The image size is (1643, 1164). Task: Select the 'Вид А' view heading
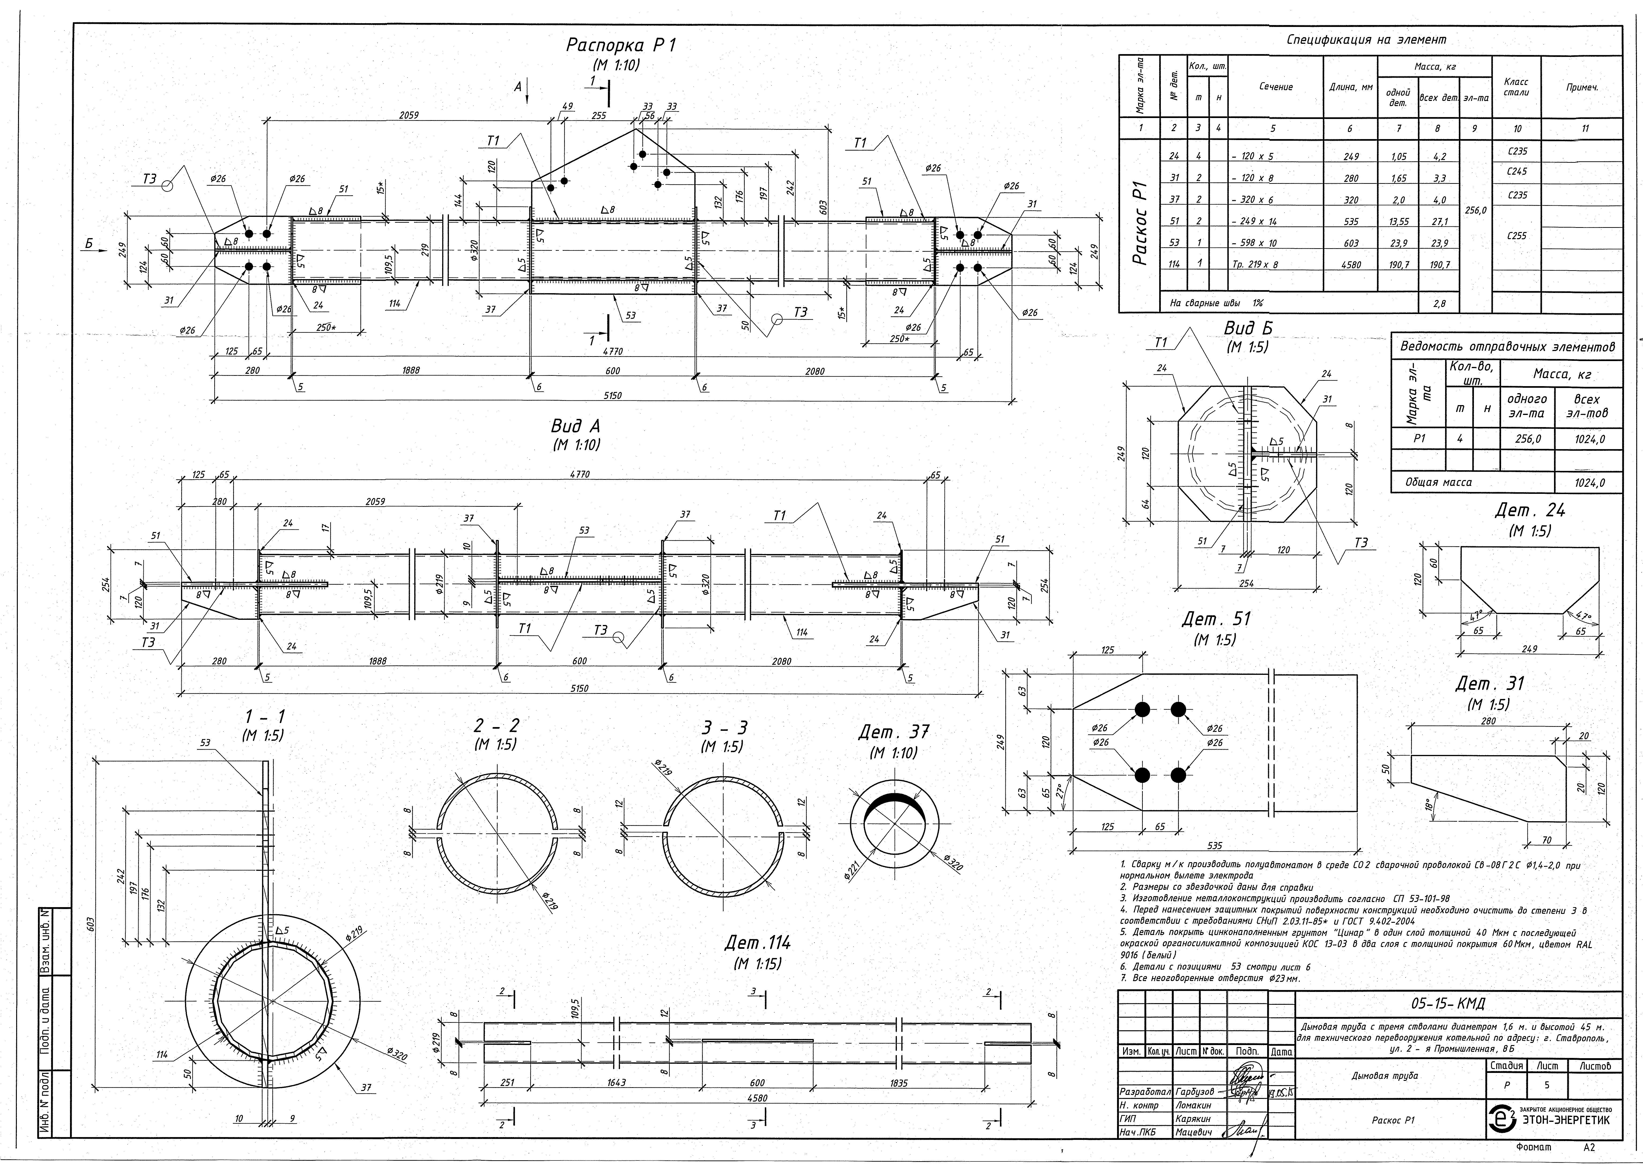[576, 426]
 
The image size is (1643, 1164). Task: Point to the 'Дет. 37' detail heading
[893, 732]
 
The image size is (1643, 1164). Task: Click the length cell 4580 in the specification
[1350, 264]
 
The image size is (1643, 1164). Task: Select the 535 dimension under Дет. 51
[1214, 846]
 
